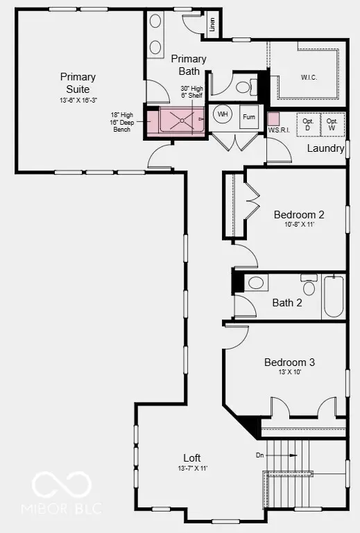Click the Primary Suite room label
click(x=78, y=82)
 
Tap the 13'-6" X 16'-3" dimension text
click(x=78, y=101)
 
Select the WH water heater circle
click(x=223, y=114)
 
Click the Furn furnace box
click(x=249, y=117)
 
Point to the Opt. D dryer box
click(x=308, y=125)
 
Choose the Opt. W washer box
click(x=332, y=125)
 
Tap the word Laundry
click(x=325, y=148)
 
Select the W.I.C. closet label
click(x=309, y=77)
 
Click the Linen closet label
click(x=212, y=26)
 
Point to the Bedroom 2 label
click(x=299, y=214)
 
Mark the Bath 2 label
click(x=286, y=302)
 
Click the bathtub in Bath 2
click(x=333, y=297)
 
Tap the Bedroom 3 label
click(x=290, y=362)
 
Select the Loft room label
click(x=192, y=457)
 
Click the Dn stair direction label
click(x=260, y=455)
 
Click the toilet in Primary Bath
click(x=241, y=87)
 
